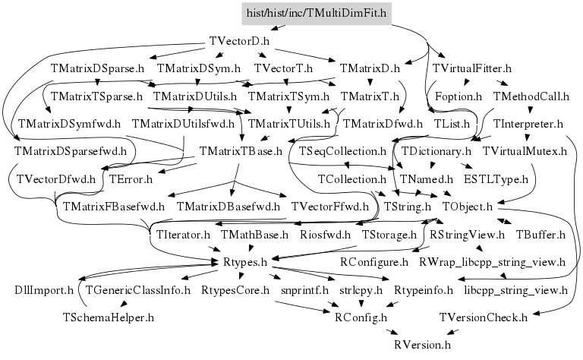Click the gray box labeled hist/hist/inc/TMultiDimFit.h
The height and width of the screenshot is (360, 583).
point(316,12)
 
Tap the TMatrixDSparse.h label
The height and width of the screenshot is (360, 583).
point(97,68)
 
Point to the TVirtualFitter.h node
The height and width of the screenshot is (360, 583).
point(471,68)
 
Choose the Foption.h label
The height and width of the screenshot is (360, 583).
point(458,96)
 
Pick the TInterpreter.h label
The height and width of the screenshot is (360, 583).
point(528,123)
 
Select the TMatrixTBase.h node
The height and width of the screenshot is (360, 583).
point(241,151)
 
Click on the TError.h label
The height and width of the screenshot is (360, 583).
point(131,179)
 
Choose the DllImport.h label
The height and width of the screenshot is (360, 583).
point(45,290)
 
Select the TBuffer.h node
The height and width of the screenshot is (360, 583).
point(540,234)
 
